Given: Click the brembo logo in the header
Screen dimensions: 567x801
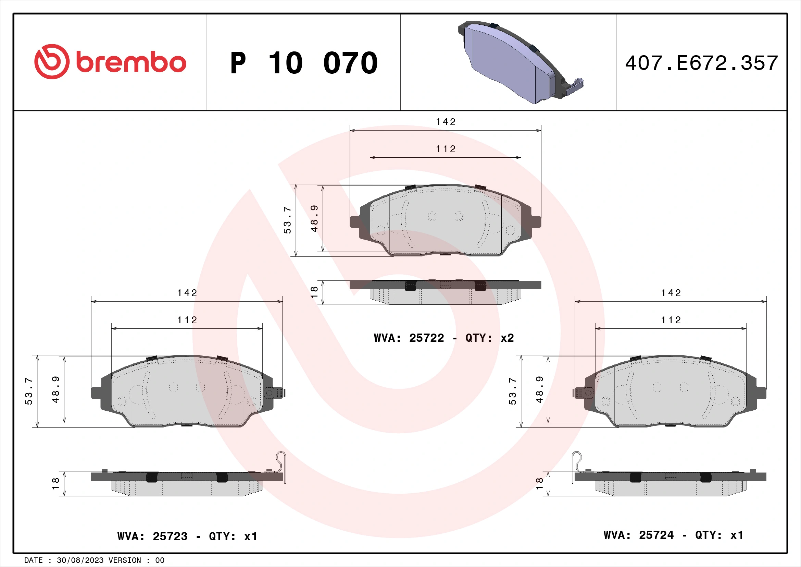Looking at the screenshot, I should tap(110, 62).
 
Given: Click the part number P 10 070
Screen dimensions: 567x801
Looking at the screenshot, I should tap(303, 63).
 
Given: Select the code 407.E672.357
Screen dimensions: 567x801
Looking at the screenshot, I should tap(701, 63).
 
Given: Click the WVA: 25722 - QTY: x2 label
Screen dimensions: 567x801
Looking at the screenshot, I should tap(443, 338).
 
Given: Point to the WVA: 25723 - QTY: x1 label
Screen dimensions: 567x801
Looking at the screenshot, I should tap(187, 536).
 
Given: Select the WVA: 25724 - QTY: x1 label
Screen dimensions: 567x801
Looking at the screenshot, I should tap(673, 535).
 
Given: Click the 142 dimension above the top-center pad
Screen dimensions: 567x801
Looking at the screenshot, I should tap(446, 122).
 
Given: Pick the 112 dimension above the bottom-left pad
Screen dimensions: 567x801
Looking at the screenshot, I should tap(187, 320).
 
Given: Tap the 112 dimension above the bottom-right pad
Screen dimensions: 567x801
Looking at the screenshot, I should tap(671, 320).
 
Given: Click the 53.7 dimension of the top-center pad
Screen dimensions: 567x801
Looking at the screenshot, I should tap(287, 220).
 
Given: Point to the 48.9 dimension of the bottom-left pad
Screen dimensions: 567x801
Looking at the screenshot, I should tap(55, 390).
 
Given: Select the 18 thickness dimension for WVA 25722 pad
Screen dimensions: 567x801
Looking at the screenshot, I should tap(314, 292).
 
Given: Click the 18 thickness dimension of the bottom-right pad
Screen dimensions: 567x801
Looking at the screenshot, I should tap(539, 484).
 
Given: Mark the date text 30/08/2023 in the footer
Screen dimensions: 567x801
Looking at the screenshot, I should tap(80, 560).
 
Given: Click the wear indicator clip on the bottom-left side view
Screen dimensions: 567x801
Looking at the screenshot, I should tap(281, 465).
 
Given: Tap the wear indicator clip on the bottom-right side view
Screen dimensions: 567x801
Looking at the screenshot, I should tap(576, 465).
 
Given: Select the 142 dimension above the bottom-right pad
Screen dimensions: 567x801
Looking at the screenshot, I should tap(671, 292).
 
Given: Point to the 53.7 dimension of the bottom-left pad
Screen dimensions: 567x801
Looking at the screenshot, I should tap(29, 391).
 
